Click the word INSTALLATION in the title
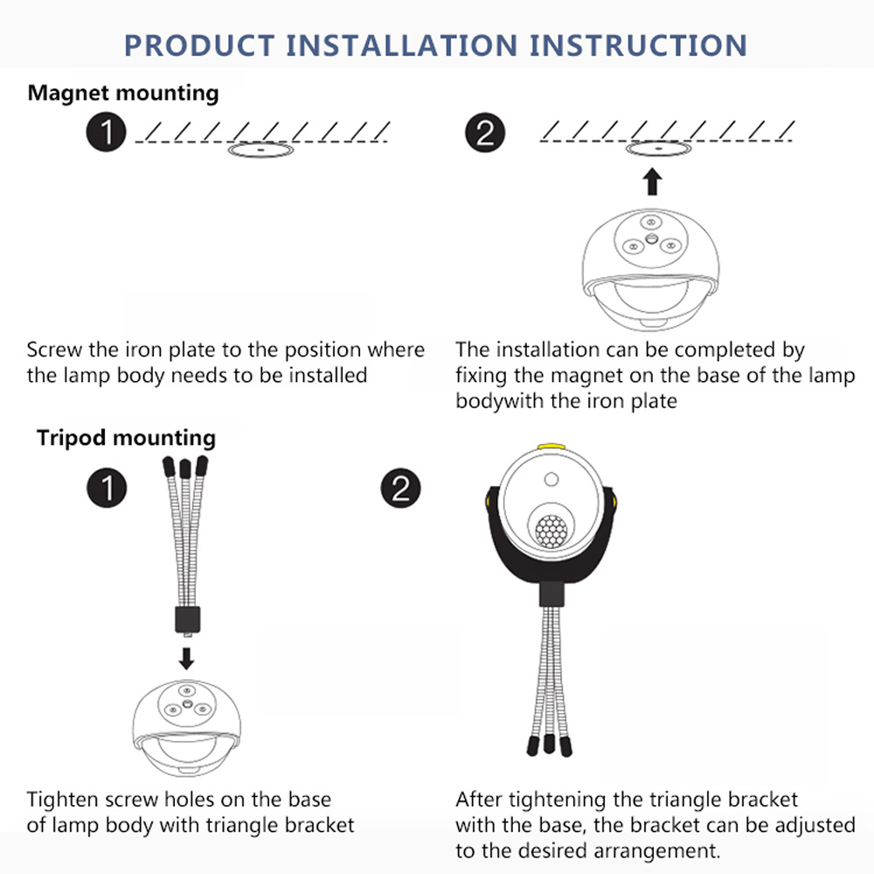pos(401,45)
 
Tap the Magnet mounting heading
pos(123,94)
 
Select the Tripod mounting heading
pos(126,438)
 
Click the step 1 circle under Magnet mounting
pos(106,133)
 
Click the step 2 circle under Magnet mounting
pos(485,133)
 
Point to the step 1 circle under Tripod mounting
pos(107,488)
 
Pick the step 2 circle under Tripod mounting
pos(401,488)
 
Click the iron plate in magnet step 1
pos(260,150)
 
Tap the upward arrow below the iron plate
pos(652,183)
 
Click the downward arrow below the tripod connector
pos(187,658)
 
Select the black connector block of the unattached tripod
pos(187,619)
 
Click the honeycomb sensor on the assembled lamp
pos(551,531)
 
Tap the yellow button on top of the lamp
pos(551,447)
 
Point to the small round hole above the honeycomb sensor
pos(551,479)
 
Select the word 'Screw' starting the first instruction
pos(54,350)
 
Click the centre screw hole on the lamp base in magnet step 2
pos(651,239)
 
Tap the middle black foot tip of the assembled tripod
pos(549,743)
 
